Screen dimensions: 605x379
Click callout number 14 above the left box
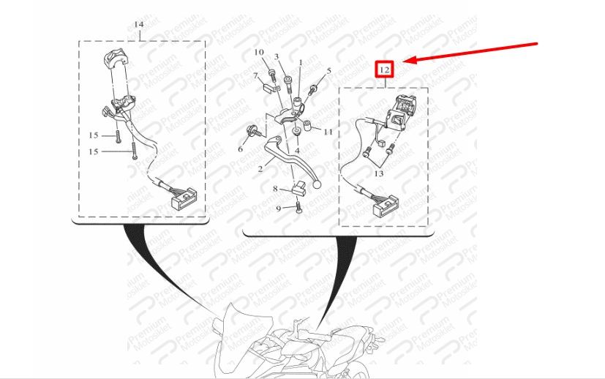[x=139, y=24]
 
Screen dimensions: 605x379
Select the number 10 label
[x=259, y=52]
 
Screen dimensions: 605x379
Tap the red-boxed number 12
[x=385, y=70]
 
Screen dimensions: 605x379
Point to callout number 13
[x=379, y=173]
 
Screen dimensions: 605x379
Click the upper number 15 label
[x=94, y=135]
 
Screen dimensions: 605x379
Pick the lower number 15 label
[x=94, y=151]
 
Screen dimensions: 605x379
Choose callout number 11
[x=328, y=132]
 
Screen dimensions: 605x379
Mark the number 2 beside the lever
[x=260, y=169]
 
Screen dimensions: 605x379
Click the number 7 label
[x=255, y=75]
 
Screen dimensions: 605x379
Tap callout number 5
[x=328, y=71]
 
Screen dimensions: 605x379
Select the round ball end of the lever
[x=317, y=184]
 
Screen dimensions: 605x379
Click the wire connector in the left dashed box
[x=184, y=199]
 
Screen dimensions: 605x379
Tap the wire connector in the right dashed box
[x=386, y=206]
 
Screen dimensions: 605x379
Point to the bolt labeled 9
[x=298, y=208]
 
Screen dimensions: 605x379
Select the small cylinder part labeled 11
[x=307, y=126]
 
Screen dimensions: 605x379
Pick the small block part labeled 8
[x=298, y=188]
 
